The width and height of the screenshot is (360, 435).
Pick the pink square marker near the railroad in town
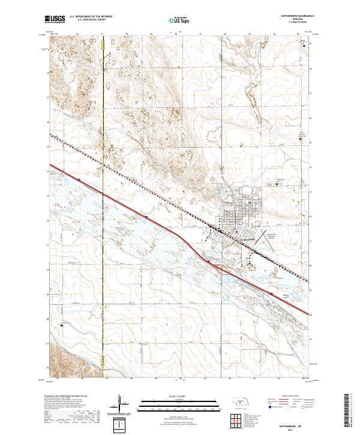(x=236, y=232)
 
